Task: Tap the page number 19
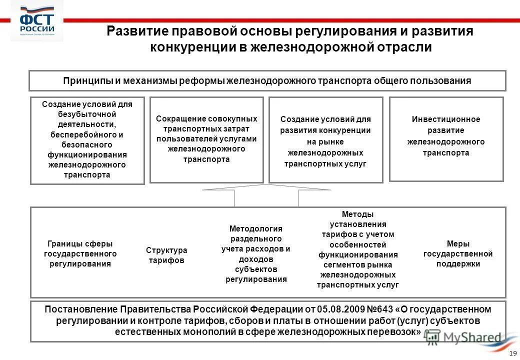(511, 353)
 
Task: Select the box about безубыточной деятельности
(87, 140)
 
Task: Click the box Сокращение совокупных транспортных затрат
(206, 139)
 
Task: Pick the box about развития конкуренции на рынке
(325, 140)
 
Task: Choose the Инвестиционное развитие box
(446, 138)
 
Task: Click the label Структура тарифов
(166, 255)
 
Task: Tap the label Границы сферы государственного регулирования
(80, 253)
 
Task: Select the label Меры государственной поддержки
(458, 253)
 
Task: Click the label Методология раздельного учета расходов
(256, 253)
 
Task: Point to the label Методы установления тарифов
(357, 249)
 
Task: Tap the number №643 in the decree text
(381, 309)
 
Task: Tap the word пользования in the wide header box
(444, 80)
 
